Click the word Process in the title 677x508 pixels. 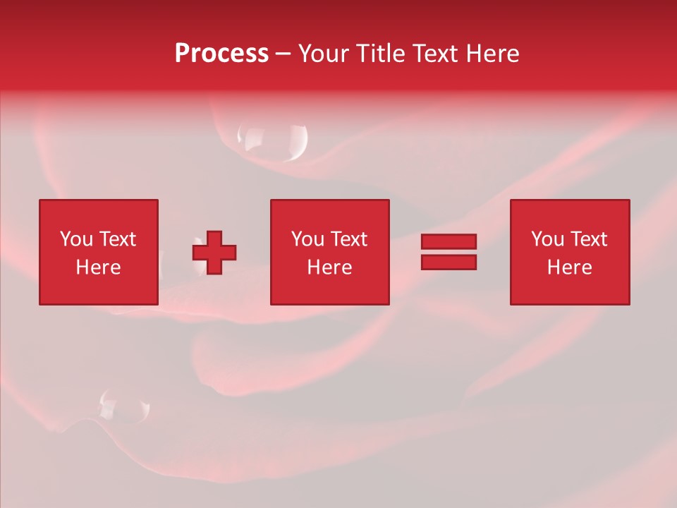221,54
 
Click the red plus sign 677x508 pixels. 214,252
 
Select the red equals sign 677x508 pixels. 449,252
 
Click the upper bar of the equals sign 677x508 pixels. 449,241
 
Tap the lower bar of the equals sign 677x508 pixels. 449,262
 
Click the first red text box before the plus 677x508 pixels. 98,252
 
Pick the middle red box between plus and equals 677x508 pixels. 329,252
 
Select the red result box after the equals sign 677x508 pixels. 569,252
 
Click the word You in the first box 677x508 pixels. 75,239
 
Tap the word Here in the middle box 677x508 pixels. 329,267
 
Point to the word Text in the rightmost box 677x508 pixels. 587,239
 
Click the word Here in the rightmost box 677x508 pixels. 569,267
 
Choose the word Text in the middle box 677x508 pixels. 348,239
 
